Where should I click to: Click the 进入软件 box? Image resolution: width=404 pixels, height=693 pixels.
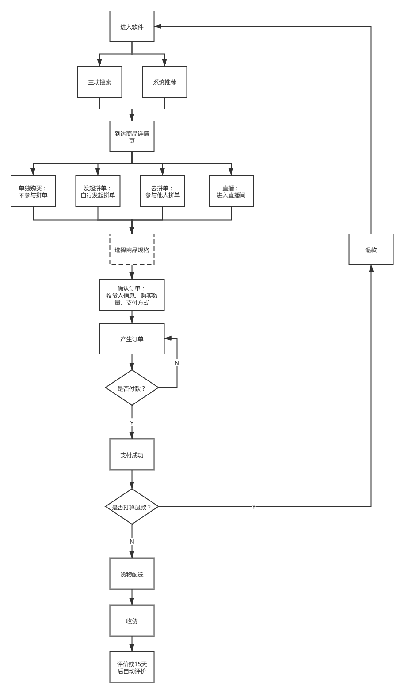click(132, 27)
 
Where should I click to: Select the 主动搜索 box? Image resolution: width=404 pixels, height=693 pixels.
click(99, 82)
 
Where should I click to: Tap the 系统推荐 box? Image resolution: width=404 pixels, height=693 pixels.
click(164, 82)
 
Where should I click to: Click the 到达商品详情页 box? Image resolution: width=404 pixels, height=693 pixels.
click(132, 137)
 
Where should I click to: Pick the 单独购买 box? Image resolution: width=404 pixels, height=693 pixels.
click(33, 191)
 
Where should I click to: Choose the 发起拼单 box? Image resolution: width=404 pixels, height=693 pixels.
click(98, 191)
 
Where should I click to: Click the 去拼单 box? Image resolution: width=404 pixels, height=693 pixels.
click(163, 191)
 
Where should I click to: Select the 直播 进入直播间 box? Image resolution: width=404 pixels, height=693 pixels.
click(231, 191)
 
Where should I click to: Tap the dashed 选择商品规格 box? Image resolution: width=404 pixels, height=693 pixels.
click(132, 250)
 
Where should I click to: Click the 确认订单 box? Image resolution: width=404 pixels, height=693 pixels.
click(132, 295)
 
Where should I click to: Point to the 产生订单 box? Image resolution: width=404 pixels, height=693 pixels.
click(132, 339)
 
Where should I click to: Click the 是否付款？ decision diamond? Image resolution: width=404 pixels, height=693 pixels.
click(132, 388)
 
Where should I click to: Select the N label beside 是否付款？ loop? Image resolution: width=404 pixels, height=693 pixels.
click(177, 363)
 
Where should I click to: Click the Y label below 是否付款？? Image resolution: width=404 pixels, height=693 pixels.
click(132, 422)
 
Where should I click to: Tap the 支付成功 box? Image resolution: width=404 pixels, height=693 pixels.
click(132, 455)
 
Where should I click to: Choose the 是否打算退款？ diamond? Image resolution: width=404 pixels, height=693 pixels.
click(132, 507)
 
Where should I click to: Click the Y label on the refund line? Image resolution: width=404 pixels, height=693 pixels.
click(254, 506)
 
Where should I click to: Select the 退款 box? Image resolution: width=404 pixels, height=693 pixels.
click(371, 250)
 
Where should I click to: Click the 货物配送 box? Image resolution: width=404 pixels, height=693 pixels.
click(132, 574)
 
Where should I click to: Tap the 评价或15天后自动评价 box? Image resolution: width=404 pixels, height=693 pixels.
click(132, 667)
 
